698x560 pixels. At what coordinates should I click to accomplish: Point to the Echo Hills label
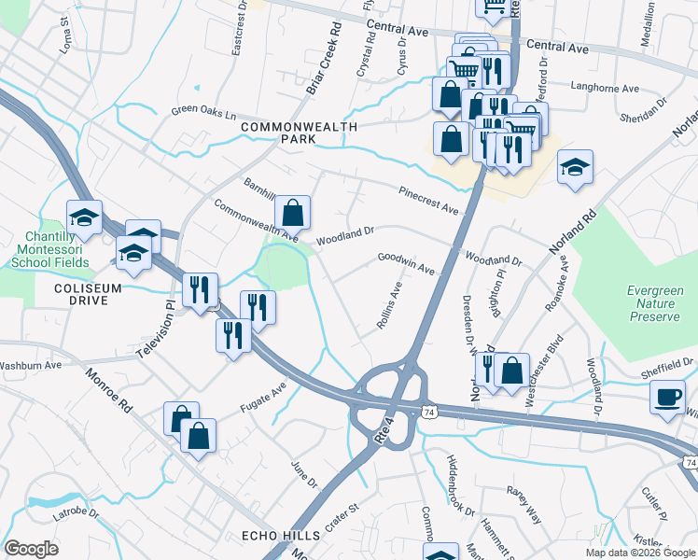pos(281,536)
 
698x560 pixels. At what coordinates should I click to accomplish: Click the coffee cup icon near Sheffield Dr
pos(668,399)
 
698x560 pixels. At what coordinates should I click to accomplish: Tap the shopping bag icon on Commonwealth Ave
pos(293,214)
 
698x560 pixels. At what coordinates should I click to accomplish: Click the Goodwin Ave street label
pos(406,263)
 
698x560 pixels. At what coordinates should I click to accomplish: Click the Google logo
pos(32,549)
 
